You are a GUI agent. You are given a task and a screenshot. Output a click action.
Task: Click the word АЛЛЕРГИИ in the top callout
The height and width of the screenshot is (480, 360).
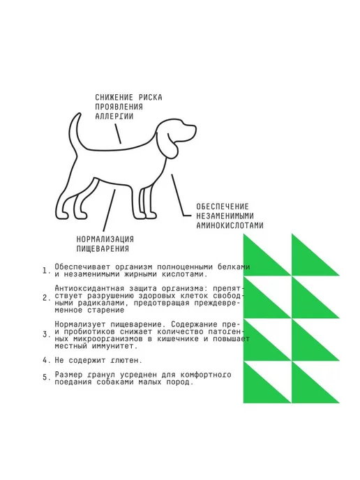click(x=114, y=117)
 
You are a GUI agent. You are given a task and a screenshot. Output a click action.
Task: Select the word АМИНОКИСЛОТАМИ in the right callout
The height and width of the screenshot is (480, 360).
click(x=230, y=225)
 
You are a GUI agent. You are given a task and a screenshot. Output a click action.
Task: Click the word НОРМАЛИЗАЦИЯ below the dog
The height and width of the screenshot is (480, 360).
click(x=105, y=239)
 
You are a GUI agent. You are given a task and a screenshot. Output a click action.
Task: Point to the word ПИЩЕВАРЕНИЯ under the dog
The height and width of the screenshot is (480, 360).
click(x=103, y=248)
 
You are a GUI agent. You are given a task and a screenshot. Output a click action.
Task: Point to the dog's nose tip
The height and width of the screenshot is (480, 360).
click(x=195, y=127)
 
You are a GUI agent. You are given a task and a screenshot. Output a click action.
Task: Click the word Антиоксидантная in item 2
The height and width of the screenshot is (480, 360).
click(x=89, y=288)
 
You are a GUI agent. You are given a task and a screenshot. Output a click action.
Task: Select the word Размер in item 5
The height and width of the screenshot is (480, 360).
click(x=68, y=375)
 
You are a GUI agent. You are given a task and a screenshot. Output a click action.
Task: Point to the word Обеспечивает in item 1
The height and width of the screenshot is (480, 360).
click(x=82, y=267)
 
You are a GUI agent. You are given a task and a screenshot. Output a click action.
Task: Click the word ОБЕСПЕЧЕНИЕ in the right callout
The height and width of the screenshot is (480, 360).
click(x=223, y=207)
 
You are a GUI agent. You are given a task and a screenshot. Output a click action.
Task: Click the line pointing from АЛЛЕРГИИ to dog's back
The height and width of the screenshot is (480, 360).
click(x=118, y=133)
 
